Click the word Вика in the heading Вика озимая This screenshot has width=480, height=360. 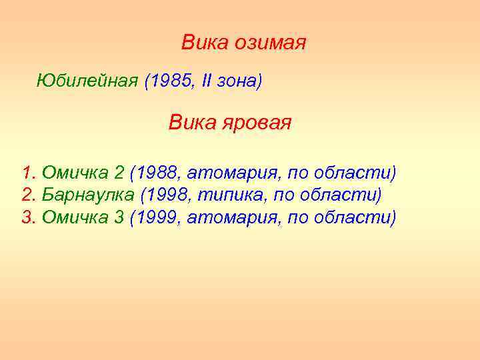click(205, 43)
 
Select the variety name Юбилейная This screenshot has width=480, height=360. click(87, 81)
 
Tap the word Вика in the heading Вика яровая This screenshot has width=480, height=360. click(190, 123)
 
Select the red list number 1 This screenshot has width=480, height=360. click(27, 173)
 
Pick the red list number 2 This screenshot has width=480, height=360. click(27, 195)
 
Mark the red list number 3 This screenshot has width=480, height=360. click(27, 217)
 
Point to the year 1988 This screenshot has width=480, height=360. click(159, 173)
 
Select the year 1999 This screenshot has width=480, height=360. click(159, 217)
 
